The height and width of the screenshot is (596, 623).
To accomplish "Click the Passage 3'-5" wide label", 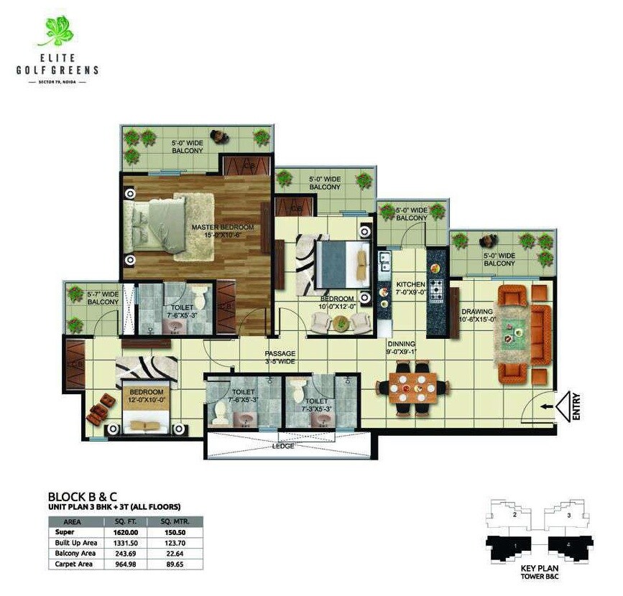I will tap(280, 358).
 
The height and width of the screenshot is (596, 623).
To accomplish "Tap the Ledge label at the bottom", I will tap(282, 446).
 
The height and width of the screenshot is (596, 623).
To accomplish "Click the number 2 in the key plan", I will tap(514, 515).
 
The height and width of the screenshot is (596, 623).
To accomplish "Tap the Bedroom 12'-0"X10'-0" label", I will tap(146, 395).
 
